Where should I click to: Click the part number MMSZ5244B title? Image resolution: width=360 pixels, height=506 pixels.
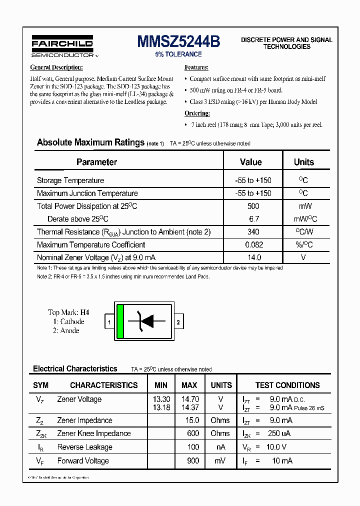pos(178,42)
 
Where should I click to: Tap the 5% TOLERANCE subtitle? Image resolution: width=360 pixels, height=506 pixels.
pos(178,54)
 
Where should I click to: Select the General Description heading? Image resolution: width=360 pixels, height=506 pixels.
pos(56,67)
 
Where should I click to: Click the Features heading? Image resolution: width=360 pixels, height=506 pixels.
pos(196,67)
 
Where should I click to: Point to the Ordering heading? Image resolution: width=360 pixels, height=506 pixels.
pos(197,113)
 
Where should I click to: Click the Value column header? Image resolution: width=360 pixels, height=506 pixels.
pos(250,162)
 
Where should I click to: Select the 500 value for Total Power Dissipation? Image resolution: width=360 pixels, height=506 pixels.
pos(253,206)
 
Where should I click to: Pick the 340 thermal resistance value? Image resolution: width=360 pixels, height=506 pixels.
pos(253,232)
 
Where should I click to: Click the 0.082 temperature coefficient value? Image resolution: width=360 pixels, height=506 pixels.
pos(253,245)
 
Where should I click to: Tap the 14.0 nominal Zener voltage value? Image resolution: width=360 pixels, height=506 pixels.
pos(254,257)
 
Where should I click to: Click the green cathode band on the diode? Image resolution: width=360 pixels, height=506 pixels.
pos(120,321)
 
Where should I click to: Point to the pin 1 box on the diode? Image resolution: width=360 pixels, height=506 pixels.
pos(109,322)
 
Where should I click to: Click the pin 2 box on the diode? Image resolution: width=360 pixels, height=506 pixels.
pos(178,322)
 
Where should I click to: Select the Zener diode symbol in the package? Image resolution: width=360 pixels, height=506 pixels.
pos(145,321)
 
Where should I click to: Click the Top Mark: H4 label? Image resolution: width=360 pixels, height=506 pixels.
pos(68,313)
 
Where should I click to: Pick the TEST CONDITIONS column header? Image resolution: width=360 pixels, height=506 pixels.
pos(287,385)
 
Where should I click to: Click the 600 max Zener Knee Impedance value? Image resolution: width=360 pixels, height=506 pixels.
pos(192,433)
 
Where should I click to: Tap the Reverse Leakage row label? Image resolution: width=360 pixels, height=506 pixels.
pos(84,447)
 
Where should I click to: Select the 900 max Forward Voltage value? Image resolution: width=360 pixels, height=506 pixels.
pos(192,461)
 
